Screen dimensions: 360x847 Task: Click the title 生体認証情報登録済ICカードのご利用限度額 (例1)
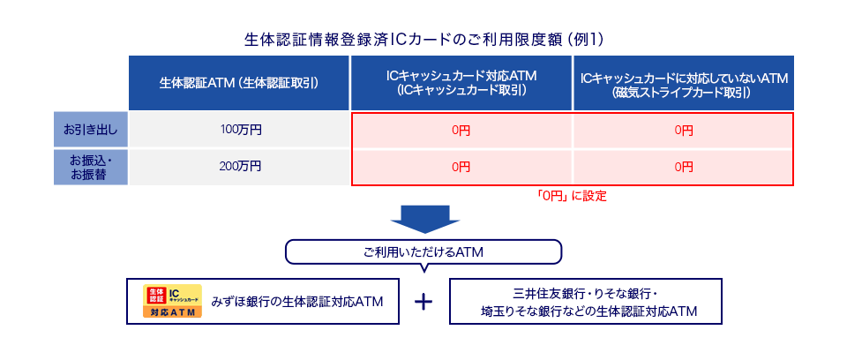click(x=423, y=40)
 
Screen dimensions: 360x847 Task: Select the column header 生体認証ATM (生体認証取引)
click(x=239, y=83)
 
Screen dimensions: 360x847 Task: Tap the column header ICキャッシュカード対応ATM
click(x=461, y=83)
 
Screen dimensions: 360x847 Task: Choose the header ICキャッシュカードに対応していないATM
click(x=684, y=83)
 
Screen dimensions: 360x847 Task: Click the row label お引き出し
click(x=90, y=130)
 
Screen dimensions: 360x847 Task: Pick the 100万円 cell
click(x=240, y=130)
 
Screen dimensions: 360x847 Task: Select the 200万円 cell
click(x=240, y=165)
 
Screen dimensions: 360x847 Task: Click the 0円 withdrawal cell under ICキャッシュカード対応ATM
click(x=461, y=131)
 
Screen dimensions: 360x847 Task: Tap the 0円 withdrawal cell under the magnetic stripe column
click(x=684, y=131)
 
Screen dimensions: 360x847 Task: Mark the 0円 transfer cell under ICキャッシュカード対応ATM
click(x=461, y=166)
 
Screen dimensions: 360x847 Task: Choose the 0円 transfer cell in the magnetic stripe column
click(x=684, y=166)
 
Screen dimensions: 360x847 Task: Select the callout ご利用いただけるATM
click(x=423, y=252)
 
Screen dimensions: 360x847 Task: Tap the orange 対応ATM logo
click(x=173, y=302)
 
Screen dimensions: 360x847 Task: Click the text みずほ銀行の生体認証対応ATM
click(x=297, y=302)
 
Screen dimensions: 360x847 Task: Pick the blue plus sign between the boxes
click(x=424, y=302)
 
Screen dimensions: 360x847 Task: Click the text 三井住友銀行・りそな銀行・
click(x=585, y=292)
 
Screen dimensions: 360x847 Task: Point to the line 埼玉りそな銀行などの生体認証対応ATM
click(x=585, y=311)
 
